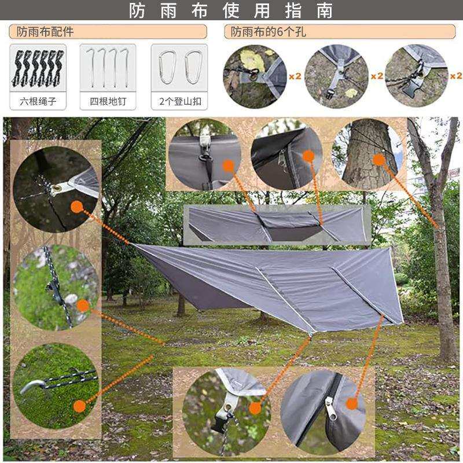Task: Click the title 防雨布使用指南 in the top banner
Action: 231,10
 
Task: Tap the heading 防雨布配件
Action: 45,32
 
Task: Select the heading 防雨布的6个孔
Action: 268,32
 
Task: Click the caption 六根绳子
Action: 38,101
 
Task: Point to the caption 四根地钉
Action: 108,101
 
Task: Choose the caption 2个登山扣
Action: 180,101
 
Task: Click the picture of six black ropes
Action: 38,68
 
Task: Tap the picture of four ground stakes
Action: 108,68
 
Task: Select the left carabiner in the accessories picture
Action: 167,67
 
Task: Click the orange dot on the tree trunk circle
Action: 379,160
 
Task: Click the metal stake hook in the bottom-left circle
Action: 33,386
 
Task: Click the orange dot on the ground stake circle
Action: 79,406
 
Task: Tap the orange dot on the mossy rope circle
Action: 83,306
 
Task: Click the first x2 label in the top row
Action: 295,76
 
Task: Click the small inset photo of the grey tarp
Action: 277,225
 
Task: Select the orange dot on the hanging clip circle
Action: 228,166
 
